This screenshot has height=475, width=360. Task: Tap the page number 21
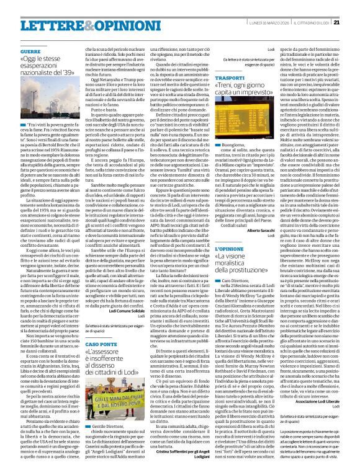(x=354, y=6)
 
